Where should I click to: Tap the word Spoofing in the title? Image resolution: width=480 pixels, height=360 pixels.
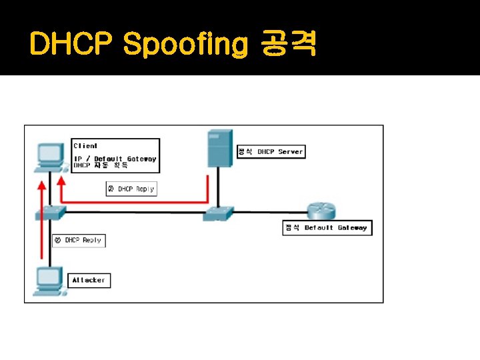pos(186,45)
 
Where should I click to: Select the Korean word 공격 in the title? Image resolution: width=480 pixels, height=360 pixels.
pos(289,45)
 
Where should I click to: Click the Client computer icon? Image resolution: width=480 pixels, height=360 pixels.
pos(49,154)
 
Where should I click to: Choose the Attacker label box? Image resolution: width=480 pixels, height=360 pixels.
pos(89,281)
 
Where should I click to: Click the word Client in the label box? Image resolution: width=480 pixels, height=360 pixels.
pos(85,145)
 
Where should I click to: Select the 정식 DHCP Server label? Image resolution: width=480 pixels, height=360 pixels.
pos(271,152)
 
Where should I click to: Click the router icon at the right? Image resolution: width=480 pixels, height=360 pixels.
pos(321,211)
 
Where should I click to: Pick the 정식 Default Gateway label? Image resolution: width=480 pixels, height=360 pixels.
pos(327,228)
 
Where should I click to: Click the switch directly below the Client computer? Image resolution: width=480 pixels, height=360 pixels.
pos(50,212)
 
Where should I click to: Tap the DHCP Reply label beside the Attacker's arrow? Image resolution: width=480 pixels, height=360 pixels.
pos(79,240)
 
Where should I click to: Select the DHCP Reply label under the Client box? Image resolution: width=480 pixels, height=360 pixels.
pos(131,189)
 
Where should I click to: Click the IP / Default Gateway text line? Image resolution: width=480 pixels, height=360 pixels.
pos(115,159)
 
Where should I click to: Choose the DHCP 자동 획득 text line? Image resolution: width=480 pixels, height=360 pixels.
pos(101,165)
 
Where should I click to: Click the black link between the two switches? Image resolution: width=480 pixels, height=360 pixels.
pos(133,213)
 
